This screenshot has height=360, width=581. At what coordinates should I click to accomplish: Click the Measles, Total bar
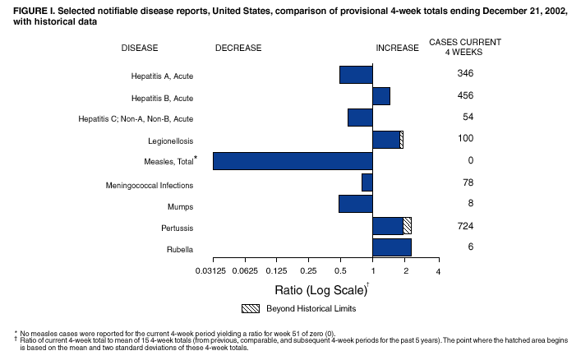click(x=293, y=161)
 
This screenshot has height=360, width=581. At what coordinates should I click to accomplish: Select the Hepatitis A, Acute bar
click(x=356, y=75)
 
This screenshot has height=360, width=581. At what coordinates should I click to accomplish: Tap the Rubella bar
click(x=392, y=247)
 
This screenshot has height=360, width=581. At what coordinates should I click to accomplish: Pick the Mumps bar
click(x=356, y=204)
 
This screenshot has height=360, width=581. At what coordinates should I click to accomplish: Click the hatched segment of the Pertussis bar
click(x=408, y=225)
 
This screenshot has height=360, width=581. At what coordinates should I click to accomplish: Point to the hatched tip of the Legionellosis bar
click(x=401, y=139)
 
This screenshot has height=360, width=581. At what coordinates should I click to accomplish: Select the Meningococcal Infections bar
click(x=367, y=182)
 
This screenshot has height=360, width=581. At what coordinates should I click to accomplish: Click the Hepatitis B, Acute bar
click(x=381, y=96)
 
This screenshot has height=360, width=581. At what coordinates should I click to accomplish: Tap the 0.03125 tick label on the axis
click(x=212, y=271)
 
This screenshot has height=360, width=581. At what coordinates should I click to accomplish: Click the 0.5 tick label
click(x=340, y=271)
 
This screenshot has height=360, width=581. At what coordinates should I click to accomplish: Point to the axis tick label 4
click(x=438, y=271)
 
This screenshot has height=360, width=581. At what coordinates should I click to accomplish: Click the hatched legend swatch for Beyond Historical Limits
click(x=251, y=308)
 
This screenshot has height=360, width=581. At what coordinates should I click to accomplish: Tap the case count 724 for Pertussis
click(x=465, y=226)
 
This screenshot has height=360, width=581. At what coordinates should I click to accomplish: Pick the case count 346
click(x=465, y=74)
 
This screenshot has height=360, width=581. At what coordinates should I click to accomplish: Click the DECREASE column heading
click(x=238, y=48)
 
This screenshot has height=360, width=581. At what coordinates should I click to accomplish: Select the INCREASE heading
click(x=398, y=48)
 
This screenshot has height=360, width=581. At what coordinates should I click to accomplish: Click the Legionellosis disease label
click(x=171, y=141)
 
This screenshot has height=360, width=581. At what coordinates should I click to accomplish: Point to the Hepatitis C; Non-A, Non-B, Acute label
click(x=136, y=119)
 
